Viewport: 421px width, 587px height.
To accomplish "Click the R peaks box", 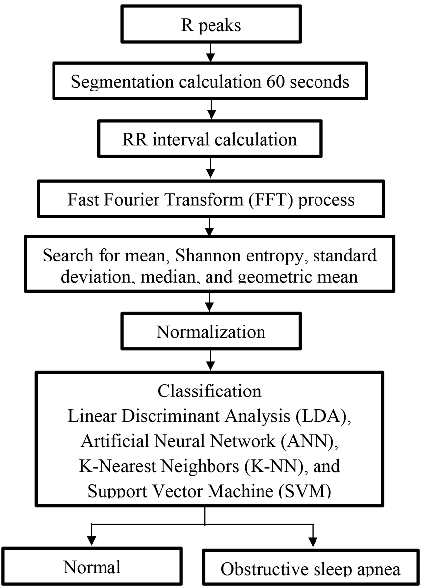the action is point(211,24).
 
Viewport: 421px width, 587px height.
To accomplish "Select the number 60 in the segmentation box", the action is point(275,81).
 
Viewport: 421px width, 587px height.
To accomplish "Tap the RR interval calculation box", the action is point(210,138).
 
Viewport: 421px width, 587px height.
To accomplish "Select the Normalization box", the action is point(211,331).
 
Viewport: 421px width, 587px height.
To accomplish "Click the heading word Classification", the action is point(210,391).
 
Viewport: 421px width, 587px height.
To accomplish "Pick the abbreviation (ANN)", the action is point(309,441).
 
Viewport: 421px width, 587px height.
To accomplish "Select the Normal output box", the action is point(92,567).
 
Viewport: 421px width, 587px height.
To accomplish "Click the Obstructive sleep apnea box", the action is point(311,568).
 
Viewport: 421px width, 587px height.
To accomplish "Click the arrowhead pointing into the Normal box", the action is point(91,541).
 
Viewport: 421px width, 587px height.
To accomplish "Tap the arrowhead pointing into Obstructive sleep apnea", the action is point(313,542).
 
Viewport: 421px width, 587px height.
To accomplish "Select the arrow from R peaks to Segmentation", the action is point(210,52).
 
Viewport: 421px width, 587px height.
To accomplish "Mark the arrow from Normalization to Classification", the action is point(210,361).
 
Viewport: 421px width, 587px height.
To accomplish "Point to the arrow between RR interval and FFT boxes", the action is point(210,168).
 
